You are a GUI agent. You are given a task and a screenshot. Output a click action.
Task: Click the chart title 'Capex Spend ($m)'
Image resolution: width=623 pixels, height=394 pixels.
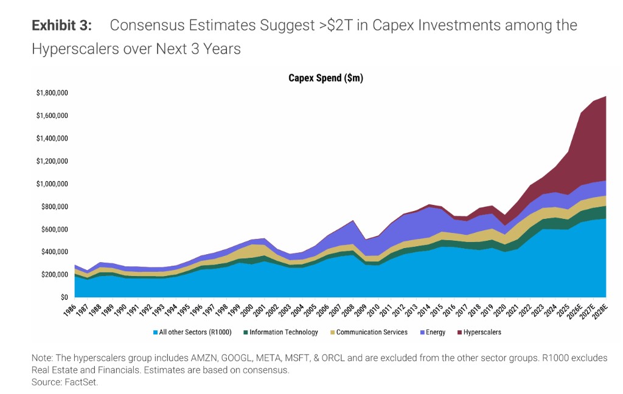(325, 78)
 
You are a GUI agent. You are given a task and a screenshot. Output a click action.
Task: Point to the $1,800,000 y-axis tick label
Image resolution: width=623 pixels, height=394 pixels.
(52, 93)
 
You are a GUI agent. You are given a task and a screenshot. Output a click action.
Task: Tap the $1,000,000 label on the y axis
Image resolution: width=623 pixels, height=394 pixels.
(52, 184)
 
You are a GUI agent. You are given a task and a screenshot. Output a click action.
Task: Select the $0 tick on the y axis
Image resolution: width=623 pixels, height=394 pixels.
(63, 297)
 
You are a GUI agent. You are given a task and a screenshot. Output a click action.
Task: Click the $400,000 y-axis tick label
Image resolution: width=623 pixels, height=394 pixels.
(54, 252)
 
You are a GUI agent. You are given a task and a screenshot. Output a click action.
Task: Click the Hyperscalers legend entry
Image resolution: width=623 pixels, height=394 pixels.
(482, 333)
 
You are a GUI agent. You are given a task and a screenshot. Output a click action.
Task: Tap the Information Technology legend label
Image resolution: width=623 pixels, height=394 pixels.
(284, 333)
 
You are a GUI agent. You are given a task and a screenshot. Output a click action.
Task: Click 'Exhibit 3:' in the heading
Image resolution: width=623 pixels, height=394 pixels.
(62, 26)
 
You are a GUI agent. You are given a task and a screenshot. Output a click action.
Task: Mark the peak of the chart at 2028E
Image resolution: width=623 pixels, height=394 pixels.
(606, 96)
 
